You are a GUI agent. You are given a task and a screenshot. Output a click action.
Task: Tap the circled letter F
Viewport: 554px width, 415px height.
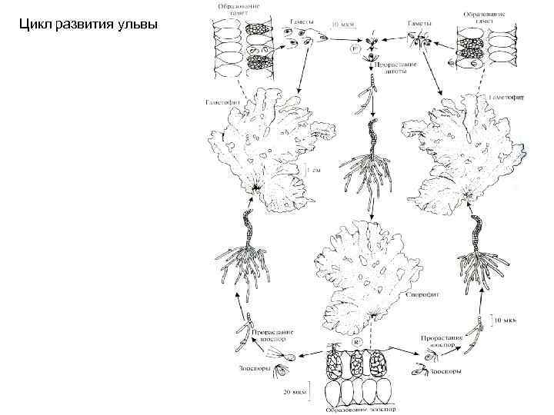pos(355,48)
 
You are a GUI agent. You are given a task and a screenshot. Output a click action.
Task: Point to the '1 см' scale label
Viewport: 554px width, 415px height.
pos(315,171)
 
